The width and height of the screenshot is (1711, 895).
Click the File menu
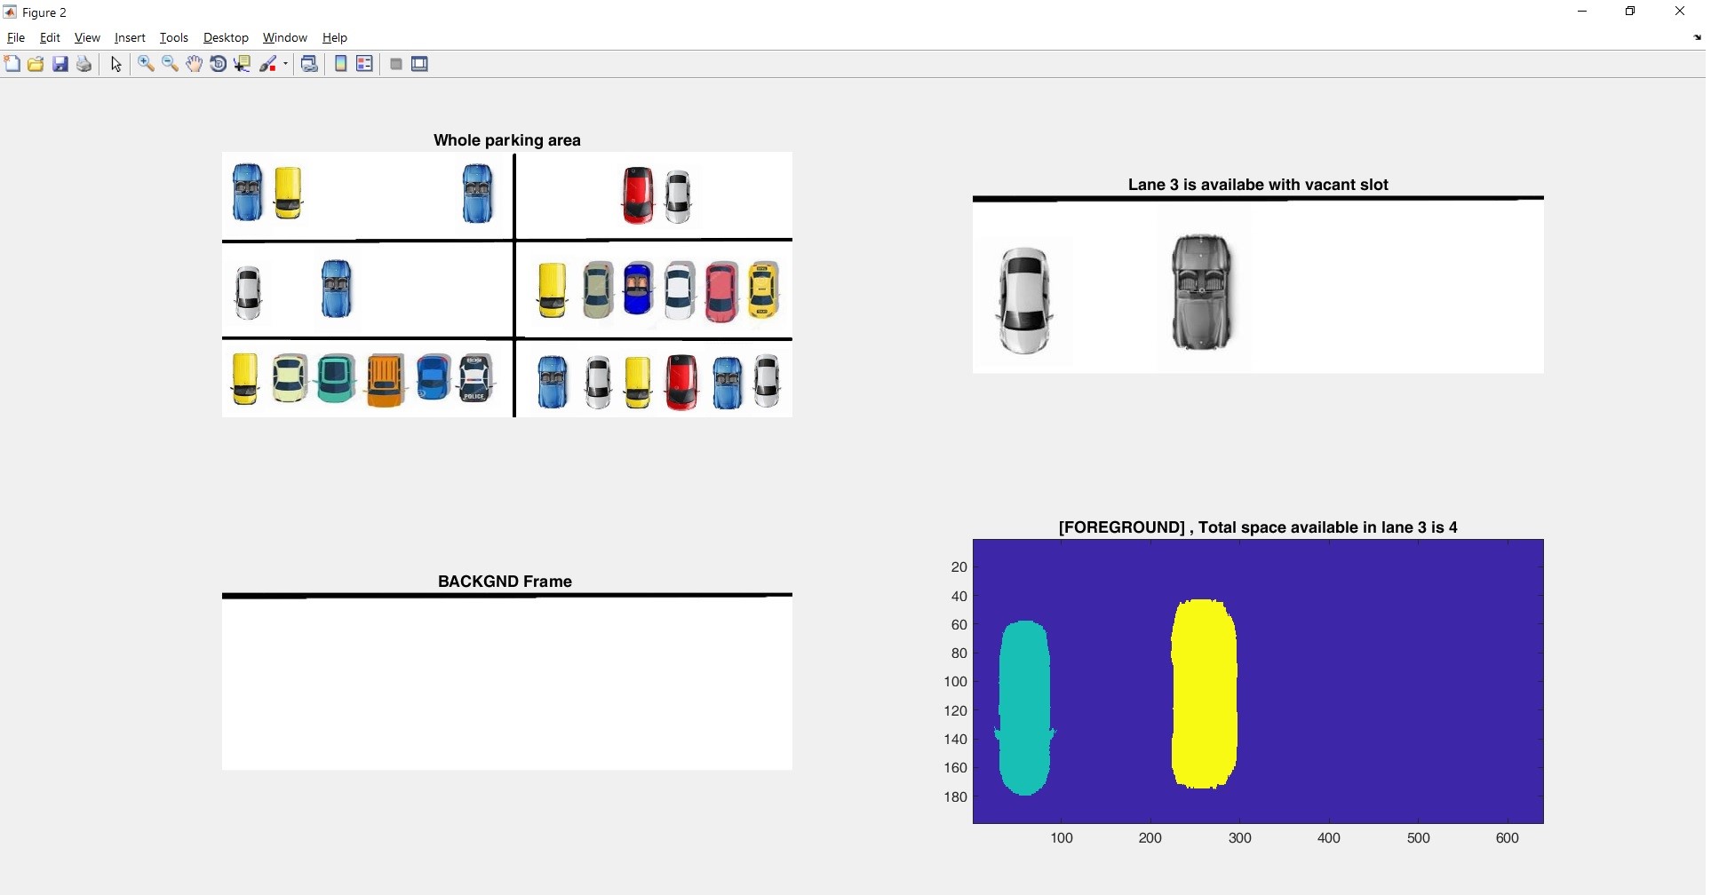pyautogui.click(x=16, y=37)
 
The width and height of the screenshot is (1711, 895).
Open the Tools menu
pyautogui.click(x=174, y=37)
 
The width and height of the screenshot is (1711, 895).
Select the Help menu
pyautogui.click(x=335, y=37)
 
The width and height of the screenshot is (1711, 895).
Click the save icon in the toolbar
pyautogui.click(x=60, y=64)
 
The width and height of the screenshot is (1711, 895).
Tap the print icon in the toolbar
pyautogui.click(x=84, y=64)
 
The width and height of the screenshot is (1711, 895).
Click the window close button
pyautogui.click(x=1680, y=12)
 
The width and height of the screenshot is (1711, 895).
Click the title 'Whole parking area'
pyautogui.click(x=507, y=140)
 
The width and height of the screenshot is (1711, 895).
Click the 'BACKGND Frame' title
pyautogui.click(x=505, y=582)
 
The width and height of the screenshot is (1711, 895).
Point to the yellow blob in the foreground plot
pyautogui.click(x=1205, y=694)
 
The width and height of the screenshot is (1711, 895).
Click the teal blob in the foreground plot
pyautogui.click(x=1025, y=708)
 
